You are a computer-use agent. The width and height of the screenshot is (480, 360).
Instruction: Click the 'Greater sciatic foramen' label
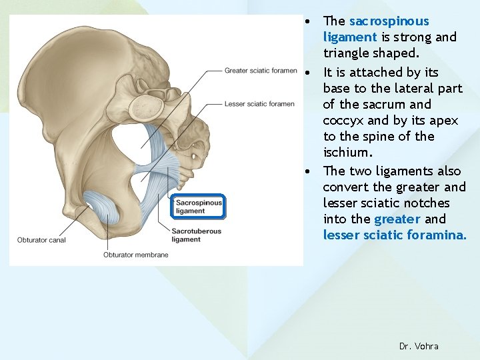click(x=260, y=71)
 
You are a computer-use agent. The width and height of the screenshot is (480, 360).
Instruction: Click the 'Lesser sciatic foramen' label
click(x=259, y=104)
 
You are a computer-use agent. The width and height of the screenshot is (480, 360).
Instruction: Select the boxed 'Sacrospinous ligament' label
click(x=198, y=207)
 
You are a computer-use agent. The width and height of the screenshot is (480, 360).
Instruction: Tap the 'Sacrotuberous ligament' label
click(x=197, y=235)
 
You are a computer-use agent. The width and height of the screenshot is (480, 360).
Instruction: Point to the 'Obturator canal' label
click(x=41, y=240)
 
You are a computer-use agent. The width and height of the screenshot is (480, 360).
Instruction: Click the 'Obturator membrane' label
click(x=135, y=255)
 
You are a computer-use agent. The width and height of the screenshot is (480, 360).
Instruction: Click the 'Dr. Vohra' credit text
click(x=419, y=346)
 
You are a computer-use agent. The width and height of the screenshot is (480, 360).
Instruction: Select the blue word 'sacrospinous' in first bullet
click(x=389, y=21)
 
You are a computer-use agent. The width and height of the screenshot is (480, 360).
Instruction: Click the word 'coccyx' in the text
click(x=344, y=120)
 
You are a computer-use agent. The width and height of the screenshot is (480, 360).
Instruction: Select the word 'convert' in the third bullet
click(x=347, y=187)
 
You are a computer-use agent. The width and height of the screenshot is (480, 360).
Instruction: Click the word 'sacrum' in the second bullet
click(x=387, y=104)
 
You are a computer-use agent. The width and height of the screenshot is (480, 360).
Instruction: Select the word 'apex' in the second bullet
click(x=421, y=120)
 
